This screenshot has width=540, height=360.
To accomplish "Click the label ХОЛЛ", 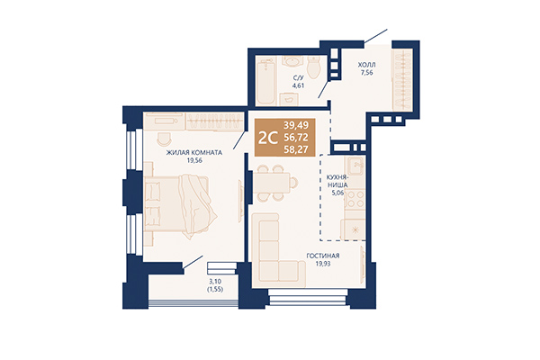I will coord(367,66).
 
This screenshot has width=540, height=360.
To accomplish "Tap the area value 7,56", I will coord(367,75).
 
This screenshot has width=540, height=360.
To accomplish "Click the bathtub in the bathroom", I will coord(265,82).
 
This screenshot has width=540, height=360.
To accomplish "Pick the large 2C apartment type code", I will coord(267,139).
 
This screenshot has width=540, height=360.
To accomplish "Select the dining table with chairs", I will coord(273,184).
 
